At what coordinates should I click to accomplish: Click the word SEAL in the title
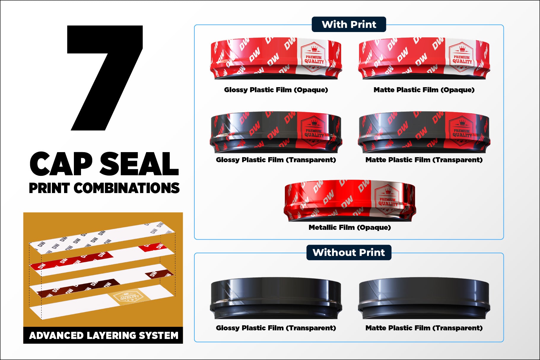[139, 164]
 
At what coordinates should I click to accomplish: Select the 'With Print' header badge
[349, 24]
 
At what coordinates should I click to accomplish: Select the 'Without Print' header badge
[349, 252]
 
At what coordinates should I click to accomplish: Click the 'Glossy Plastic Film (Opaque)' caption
[276, 90]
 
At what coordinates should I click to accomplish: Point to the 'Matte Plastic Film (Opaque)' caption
[424, 90]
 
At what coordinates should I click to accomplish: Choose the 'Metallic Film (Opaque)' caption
[350, 227]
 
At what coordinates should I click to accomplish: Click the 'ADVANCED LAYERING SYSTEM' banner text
[104, 335]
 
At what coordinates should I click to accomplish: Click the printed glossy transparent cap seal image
[276, 132]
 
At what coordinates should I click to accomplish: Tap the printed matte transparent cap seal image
[424, 132]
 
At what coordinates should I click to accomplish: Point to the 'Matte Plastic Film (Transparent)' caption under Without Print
[424, 328]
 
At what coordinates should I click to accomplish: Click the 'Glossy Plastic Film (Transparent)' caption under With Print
[276, 160]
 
